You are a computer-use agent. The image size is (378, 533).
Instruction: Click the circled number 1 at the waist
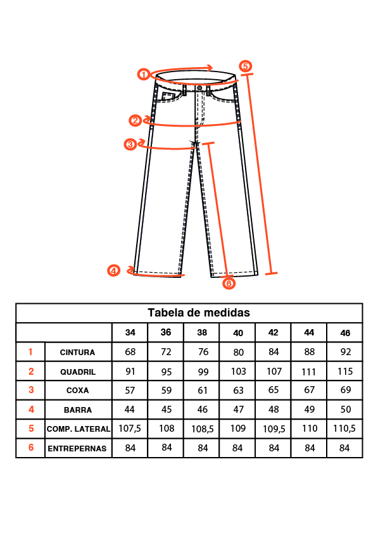[144, 74]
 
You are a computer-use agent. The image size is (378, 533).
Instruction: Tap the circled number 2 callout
[135, 120]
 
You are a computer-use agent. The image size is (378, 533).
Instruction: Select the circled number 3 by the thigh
[130, 144]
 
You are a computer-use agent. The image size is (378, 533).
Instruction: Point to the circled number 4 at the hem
[113, 270]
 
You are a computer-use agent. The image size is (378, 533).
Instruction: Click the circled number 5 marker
[245, 66]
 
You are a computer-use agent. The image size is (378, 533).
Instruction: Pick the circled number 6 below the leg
[229, 283]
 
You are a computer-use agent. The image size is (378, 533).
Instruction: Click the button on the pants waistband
[199, 89]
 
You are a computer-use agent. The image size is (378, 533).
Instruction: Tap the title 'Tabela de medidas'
[199, 313]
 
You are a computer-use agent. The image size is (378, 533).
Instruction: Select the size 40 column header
[238, 333]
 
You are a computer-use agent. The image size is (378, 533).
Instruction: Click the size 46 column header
[345, 333]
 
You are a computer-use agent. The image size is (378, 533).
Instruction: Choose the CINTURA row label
[77, 353]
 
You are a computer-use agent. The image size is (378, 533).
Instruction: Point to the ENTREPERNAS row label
[77, 449]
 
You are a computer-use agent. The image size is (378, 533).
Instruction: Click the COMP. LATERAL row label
[79, 429]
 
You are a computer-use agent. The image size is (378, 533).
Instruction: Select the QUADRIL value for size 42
[274, 371]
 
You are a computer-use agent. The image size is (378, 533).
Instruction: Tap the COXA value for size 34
[130, 390]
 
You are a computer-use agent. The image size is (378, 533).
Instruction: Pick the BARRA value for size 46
[346, 410]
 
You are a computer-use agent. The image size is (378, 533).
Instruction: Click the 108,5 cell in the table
[202, 429]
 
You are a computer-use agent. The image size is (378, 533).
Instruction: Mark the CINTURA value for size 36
[167, 352]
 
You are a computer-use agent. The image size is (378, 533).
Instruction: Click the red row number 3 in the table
[31, 389]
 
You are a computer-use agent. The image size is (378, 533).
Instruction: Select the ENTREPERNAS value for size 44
[310, 448]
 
